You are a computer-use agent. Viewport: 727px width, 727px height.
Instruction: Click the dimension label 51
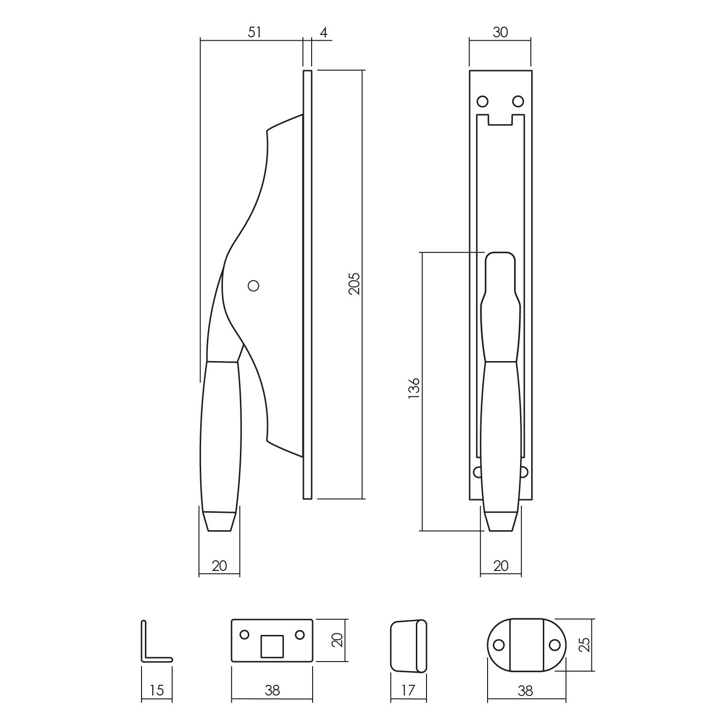click(254, 32)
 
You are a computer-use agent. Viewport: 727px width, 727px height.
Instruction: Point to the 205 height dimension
click(354, 284)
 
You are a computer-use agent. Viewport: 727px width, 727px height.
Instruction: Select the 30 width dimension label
click(500, 32)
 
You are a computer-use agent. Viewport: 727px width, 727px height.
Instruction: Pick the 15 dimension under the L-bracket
click(157, 690)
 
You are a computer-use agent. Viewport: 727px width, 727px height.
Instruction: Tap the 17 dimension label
click(409, 690)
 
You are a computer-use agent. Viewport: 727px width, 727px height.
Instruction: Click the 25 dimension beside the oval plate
click(585, 645)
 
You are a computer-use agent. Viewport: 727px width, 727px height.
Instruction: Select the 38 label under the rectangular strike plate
click(272, 690)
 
